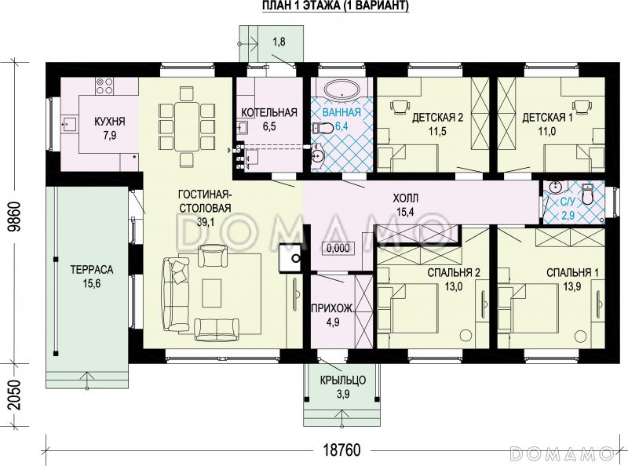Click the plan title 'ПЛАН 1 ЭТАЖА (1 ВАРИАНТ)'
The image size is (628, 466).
335,6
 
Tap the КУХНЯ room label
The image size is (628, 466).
110,121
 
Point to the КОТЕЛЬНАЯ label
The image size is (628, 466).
269,112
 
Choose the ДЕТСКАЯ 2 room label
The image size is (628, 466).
437,118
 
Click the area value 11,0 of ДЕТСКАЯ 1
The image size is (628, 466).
547,131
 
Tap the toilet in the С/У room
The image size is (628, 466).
587,194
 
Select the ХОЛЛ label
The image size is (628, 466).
405,198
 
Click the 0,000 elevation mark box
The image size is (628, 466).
338,248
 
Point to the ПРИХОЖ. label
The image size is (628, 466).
333,308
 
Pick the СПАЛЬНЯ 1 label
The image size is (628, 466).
573,273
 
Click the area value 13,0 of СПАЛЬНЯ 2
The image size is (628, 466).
454,286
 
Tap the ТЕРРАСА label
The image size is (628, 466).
92,269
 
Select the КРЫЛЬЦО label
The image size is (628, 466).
343,380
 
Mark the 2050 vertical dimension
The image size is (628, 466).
15,395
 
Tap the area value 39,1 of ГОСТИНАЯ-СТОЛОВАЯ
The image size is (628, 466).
205,222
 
